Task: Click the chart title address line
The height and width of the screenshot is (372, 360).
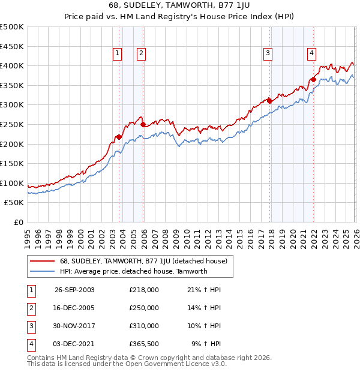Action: (180, 7)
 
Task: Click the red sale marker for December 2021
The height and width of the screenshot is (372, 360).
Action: (313, 79)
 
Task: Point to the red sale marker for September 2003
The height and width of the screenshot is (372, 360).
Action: (119, 137)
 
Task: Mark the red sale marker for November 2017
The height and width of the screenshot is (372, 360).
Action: (270, 101)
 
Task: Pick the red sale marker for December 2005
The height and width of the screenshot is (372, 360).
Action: (143, 124)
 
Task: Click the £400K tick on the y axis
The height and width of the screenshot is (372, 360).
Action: (12, 65)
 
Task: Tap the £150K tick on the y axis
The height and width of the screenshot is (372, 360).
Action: (12, 163)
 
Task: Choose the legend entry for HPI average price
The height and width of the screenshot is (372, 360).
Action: (133, 271)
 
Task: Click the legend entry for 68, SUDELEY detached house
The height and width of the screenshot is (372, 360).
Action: (143, 261)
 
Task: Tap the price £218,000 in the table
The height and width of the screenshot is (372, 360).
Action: (144, 289)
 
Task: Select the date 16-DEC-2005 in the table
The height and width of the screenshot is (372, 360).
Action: (74, 307)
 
